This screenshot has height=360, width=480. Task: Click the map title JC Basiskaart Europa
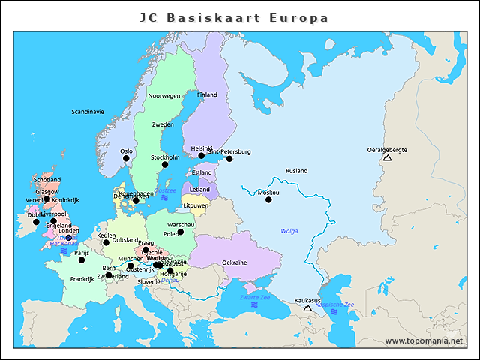point(234,17)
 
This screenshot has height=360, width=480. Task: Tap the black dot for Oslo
point(126,158)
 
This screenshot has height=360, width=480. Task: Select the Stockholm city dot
point(165,165)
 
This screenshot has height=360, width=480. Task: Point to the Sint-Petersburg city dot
point(229,159)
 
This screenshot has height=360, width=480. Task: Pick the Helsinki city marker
point(201,156)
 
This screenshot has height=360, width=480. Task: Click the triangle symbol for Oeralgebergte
point(387,157)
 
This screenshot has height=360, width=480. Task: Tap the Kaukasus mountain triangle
point(307,307)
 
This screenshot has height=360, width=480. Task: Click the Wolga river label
point(289,231)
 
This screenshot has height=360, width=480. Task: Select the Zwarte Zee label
point(254,298)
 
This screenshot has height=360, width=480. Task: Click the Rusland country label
point(296,171)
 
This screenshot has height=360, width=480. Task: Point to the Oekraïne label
point(235,262)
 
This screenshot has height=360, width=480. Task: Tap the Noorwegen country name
point(164,96)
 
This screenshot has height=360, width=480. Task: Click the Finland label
point(207,95)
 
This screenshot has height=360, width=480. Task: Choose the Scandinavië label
point(88,112)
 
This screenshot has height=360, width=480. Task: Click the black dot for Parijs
point(82,259)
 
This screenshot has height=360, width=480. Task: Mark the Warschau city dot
point(181,232)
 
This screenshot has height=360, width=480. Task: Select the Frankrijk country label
point(82,279)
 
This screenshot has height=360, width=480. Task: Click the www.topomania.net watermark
point(424,340)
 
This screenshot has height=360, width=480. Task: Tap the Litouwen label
point(196,205)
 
